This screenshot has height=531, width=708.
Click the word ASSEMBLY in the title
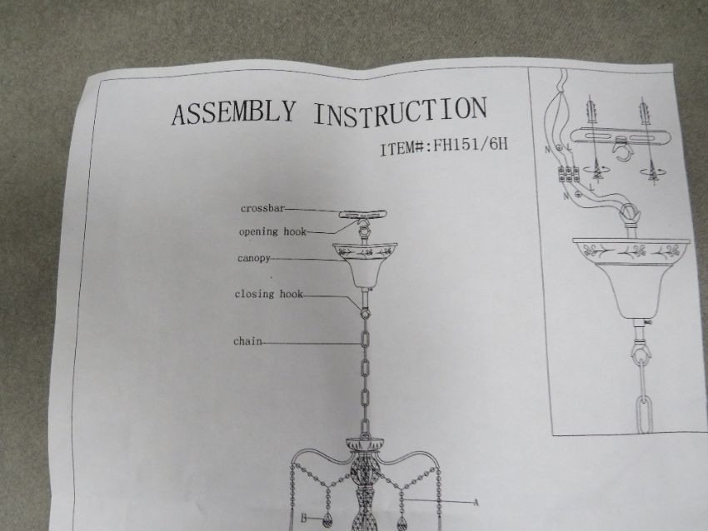click(234, 112)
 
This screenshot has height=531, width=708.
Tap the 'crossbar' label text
click(262, 208)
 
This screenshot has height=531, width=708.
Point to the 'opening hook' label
click(272, 232)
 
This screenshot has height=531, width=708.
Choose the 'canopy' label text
click(254, 259)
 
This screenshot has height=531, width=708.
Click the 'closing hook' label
click(268, 294)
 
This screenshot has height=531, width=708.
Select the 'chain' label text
click(247, 341)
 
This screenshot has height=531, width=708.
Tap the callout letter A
click(475, 502)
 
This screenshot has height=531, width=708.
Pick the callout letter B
click(304, 519)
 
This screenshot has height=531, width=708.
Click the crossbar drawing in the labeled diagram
click(362, 214)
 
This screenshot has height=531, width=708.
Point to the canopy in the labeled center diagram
click(365, 265)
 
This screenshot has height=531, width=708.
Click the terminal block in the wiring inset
click(569, 174)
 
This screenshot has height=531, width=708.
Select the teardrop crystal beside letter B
click(327, 522)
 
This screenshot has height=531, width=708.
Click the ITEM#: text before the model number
click(405, 148)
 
